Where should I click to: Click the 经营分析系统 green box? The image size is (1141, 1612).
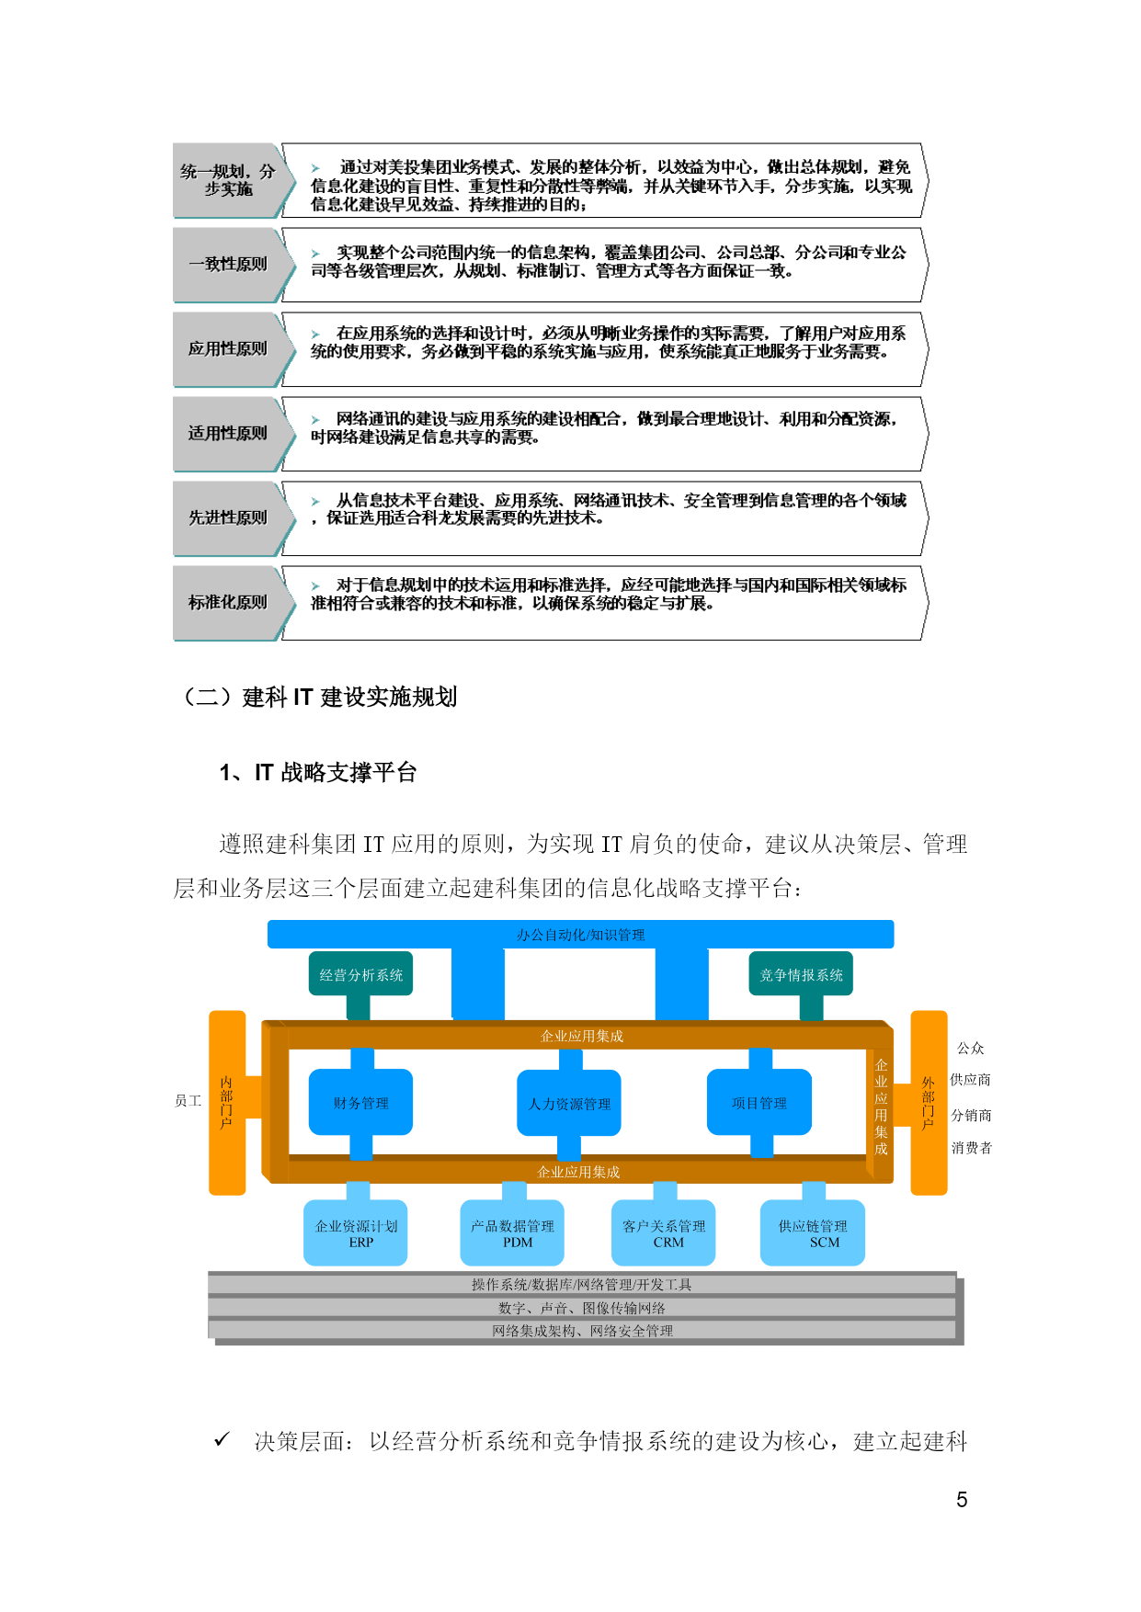(360, 974)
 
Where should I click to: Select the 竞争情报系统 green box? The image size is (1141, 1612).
(801, 974)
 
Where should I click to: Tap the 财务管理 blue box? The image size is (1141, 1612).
(360, 1103)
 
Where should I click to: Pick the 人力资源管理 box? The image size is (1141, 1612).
(569, 1103)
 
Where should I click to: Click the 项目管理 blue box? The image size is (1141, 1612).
(759, 1103)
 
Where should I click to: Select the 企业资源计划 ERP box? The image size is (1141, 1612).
(356, 1233)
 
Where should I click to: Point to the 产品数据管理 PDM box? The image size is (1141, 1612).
(512, 1233)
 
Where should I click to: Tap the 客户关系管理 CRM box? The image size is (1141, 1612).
(664, 1233)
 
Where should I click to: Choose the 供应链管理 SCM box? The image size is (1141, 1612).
(814, 1233)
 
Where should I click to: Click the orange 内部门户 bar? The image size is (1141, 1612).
(227, 1103)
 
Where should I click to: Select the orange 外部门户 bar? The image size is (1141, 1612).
(929, 1103)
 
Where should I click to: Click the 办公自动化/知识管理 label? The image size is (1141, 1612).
(581, 935)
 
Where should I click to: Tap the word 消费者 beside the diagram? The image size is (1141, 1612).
(972, 1148)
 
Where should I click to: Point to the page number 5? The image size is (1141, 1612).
(962, 1500)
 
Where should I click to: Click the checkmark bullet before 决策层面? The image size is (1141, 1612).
(222, 1439)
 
